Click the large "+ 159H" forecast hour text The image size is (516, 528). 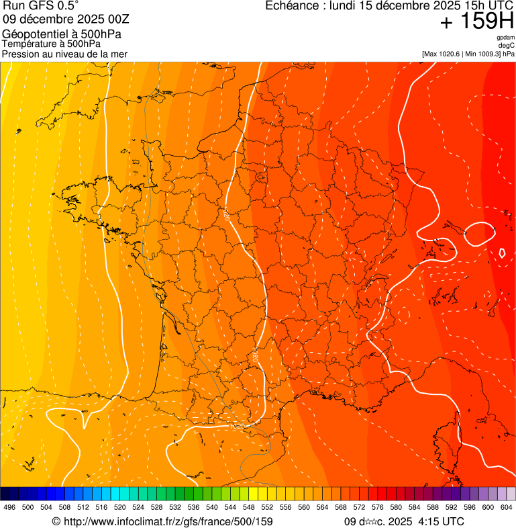click(x=476, y=22)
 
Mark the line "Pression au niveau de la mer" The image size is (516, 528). click(x=64, y=54)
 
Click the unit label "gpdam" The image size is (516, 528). click(x=505, y=38)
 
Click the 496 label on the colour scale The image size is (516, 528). click(x=9, y=508)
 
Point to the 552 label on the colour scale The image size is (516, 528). click(x=266, y=508)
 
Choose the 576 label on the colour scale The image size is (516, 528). click(x=377, y=508)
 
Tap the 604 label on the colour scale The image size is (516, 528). click(x=506, y=508)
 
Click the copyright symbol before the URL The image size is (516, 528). click(x=56, y=521)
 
